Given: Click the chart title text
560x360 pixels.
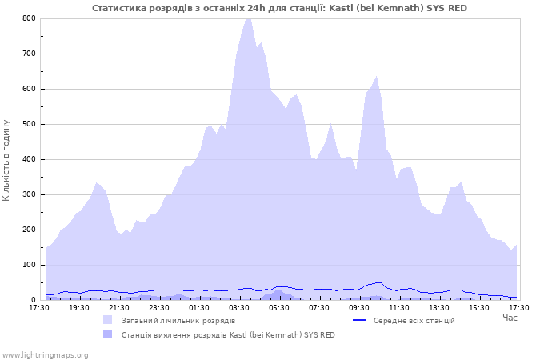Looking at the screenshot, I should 280,8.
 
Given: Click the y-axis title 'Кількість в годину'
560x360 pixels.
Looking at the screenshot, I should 7,160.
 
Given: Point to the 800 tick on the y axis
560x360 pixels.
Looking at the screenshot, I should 29,18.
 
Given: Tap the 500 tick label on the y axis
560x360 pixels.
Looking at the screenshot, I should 29,124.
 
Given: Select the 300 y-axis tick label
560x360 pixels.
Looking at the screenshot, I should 29,194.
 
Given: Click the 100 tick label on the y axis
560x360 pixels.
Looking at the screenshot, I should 29,265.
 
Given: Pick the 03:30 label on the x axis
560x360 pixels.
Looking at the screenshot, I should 239,306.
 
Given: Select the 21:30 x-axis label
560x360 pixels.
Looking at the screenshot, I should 119,306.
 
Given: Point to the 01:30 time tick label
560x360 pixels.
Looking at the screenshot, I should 199,306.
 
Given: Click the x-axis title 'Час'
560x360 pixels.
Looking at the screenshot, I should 510,318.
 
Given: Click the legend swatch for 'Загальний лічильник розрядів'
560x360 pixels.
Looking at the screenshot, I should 107,320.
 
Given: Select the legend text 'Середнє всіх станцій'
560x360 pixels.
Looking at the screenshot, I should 414,320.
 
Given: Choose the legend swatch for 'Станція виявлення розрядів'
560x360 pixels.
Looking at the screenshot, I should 107,334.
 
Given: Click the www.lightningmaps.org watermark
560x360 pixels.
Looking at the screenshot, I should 45,354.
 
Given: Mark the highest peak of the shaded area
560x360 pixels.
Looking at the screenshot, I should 248,18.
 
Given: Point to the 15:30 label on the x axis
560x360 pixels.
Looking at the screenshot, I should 479,306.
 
